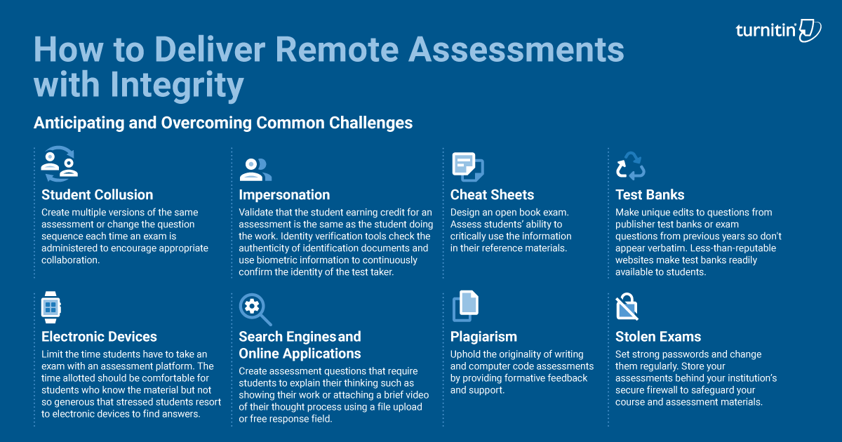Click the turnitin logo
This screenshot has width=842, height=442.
point(778,30)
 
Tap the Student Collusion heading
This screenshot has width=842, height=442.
point(97,195)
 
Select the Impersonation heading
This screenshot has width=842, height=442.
point(284,195)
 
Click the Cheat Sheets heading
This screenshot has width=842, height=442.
point(492,195)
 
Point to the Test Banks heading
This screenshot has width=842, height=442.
point(650,195)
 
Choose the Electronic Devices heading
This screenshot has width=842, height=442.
point(99,337)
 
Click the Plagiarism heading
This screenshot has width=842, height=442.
point(483,337)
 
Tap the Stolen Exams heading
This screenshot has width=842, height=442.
point(658,337)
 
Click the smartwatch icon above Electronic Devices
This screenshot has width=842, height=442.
point(50,307)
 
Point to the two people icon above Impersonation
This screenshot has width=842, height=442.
point(255,168)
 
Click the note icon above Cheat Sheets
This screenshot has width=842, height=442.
point(467,166)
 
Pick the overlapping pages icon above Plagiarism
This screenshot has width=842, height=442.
point(465,306)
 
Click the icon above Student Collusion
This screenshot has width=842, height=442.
point(59,164)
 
